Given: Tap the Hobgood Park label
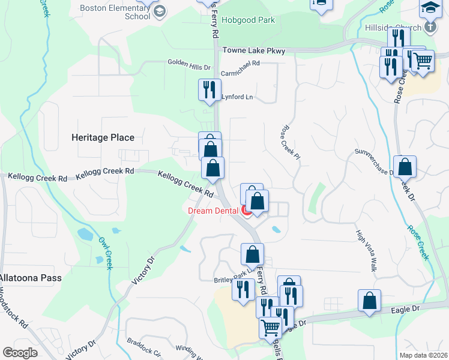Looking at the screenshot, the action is [x=248, y=20].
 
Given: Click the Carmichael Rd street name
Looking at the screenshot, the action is [x=240, y=63].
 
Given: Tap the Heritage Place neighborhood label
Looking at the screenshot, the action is [x=103, y=137].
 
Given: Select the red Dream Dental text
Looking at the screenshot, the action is [x=213, y=210].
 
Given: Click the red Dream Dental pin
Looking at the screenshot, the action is [x=246, y=210].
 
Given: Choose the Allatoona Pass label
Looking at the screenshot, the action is [x=31, y=278].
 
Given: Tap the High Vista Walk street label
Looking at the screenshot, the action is [x=366, y=251].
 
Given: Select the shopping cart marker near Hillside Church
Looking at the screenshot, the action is [x=423, y=61].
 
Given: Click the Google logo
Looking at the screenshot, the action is [x=20, y=352].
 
